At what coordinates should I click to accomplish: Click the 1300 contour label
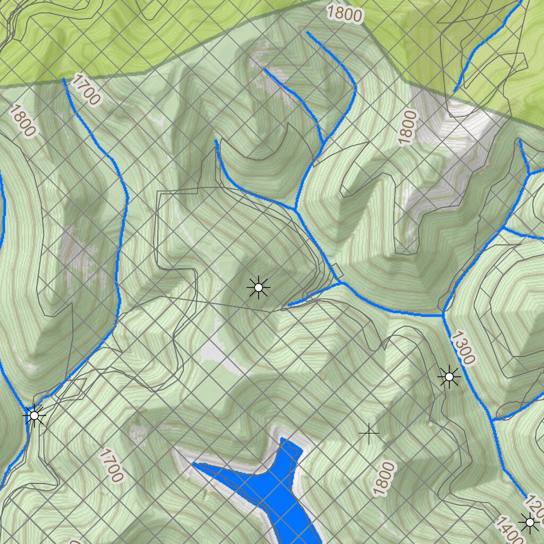pyautogui.click(x=462, y=348)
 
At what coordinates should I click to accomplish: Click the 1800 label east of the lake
pyautogui.click(x=385, y=479)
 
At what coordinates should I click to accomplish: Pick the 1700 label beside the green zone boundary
pyautogui.click(x=85, y=89)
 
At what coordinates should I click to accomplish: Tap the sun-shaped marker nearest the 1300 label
pyautogui.click(x=449, y=377)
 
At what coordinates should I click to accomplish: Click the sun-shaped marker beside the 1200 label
pyautogui.click(x=529, y=523)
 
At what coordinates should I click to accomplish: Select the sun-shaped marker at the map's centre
pyautogui.click(x=258, y=287)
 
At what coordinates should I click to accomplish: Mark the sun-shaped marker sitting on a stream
pyautogui.click(x=35, y=415)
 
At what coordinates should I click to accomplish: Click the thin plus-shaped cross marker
pyautogui.click(x=369, y=434)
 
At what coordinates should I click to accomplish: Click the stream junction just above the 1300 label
pyautogui.click(x=443, y=314)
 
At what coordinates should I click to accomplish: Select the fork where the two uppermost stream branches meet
pyautogui.click(x=322, y=141)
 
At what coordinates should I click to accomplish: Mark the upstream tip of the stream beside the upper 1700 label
pyautogui.click(x=64, y=80)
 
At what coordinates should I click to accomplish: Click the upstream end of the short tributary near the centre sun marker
pyautogui.click(x=288, y=306)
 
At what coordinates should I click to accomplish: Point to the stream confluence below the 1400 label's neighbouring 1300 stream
pyautogui.click(x=493, y=420)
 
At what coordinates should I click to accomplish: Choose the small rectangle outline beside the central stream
pyautogui.click(x=335, y=269)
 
